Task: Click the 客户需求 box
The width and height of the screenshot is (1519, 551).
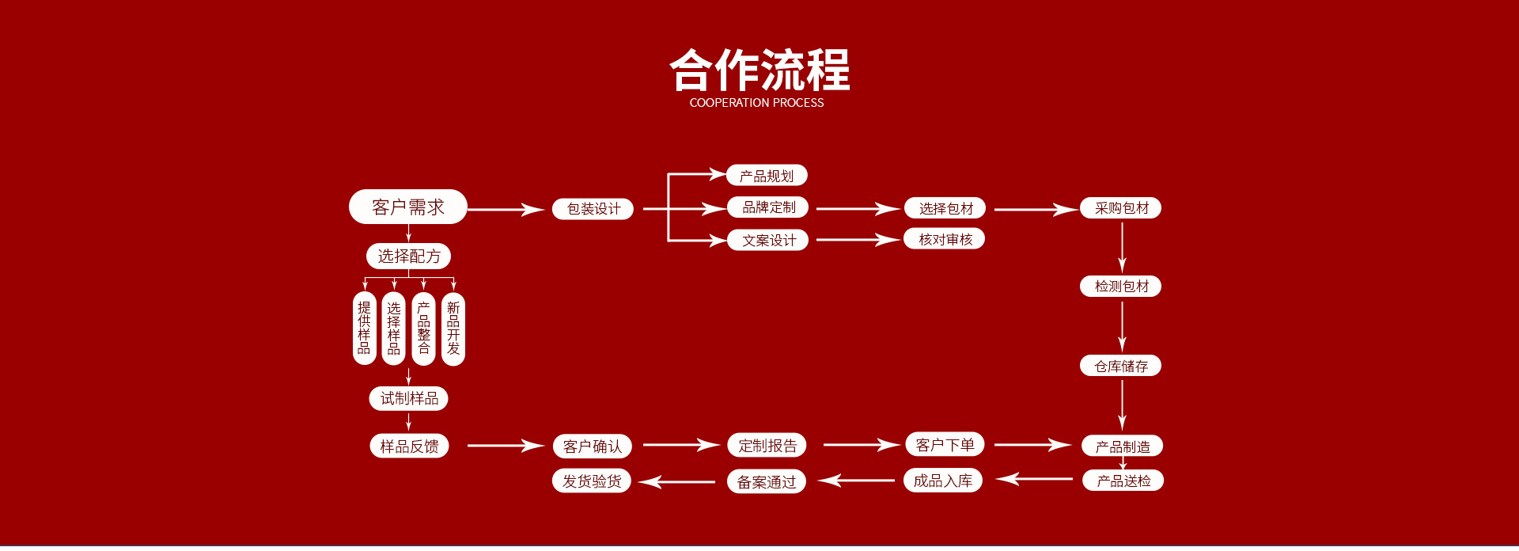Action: point(408,207)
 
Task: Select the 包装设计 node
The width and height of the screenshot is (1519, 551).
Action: point(593,209)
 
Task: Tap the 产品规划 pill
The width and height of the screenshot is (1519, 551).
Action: point(767,175)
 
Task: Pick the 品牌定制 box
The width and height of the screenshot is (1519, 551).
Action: point(768,207)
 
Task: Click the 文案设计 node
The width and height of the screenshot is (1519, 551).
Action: point(768,240)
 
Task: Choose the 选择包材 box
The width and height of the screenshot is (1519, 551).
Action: point(945,208)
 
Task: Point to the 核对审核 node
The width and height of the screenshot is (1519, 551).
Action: point(945,239)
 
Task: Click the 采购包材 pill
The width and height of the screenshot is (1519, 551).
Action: point(1121,208)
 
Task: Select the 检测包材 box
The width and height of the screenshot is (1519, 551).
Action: point(1121,286)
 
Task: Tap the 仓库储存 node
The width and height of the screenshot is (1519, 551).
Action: point(1121,366)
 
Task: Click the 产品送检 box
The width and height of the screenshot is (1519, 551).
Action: point(1123,481)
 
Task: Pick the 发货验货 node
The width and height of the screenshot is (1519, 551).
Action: point(592,481)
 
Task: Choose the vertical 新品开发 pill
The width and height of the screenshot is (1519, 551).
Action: point(453,329)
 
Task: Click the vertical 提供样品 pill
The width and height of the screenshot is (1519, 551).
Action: point(364,329)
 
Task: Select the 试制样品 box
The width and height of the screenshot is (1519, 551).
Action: point(409,398)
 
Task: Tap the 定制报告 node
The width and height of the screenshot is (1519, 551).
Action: point(767,445)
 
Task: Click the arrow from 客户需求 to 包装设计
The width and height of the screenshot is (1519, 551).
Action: point(506,210)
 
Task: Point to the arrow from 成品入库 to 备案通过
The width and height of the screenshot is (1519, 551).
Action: point(856,481)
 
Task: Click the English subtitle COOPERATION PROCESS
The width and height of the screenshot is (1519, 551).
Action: point(756,103)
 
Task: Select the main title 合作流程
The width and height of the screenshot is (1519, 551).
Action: point(759,70)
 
